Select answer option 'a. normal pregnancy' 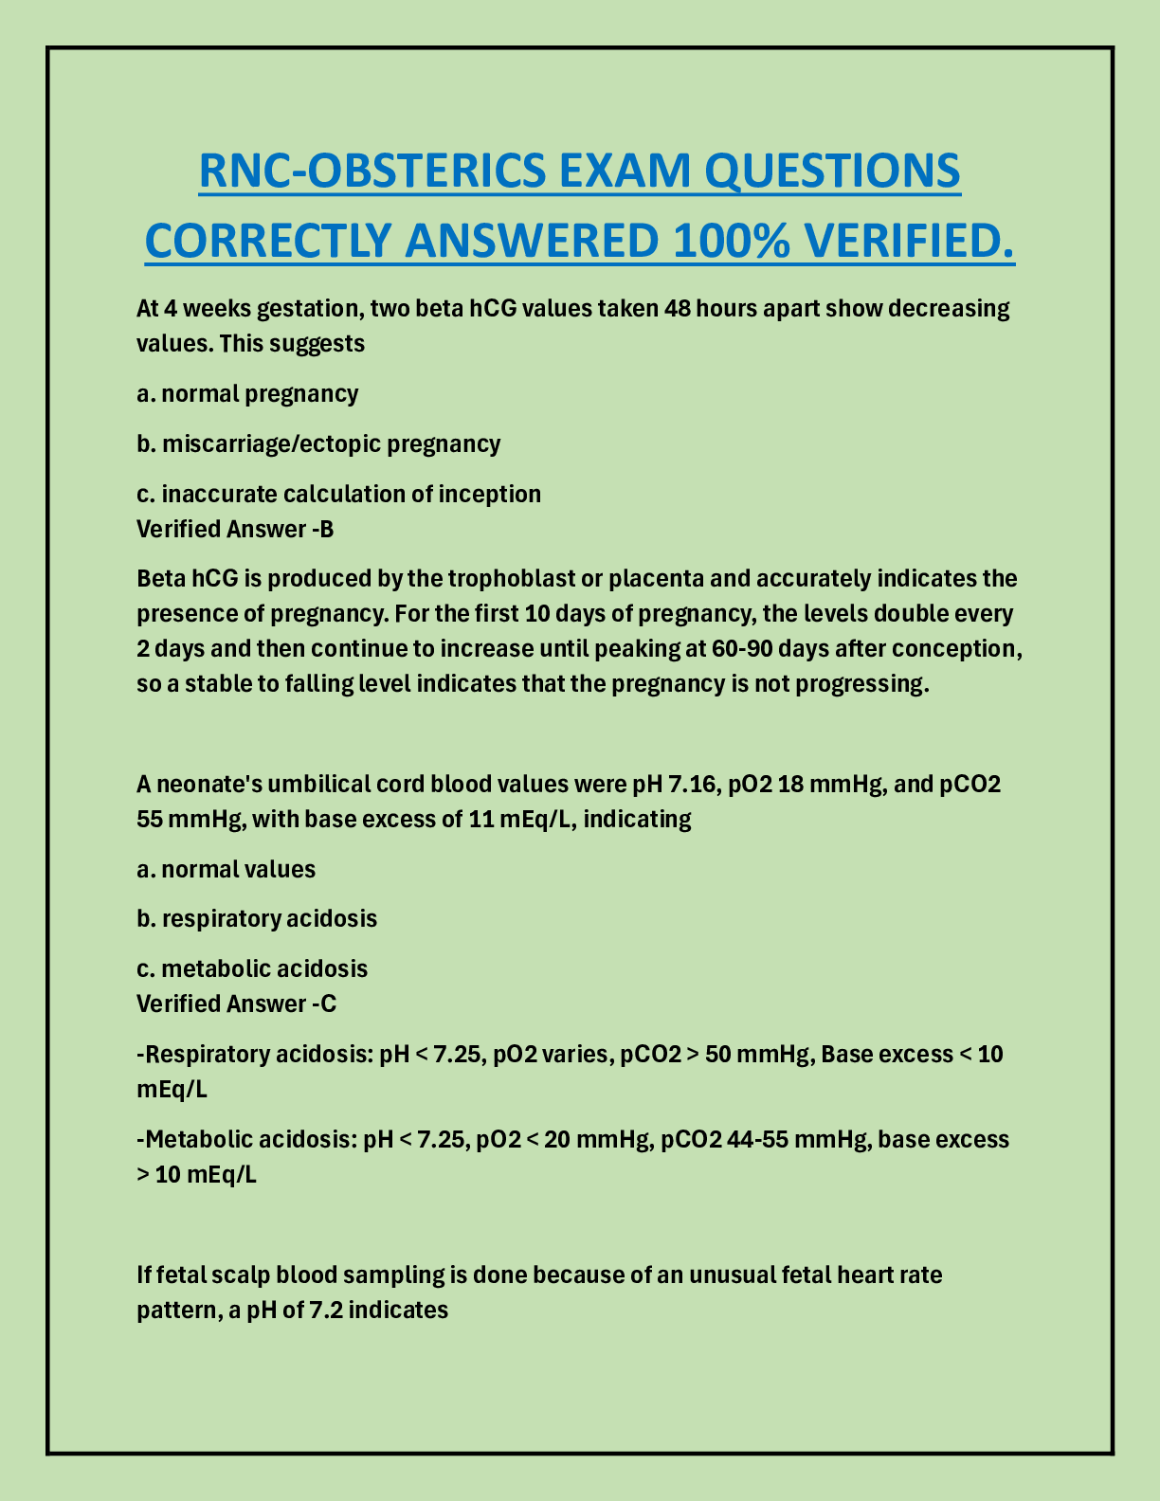pyautogui.click(x=247, y=393)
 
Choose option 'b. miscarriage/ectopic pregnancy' pyautogui.click(x=318, y=443)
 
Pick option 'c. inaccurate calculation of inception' pyautogui.click(x=338, y=494)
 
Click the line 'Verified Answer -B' pyautogui.click(x=235, y=529)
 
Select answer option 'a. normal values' pyautogui.click(x=226, y=869)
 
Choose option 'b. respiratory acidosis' pyautogui.click(x=257, y=918)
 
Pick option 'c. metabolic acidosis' pyautogui.click(x=252, y=968)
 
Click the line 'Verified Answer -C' pyautogui.click(x=236, y=1004)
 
